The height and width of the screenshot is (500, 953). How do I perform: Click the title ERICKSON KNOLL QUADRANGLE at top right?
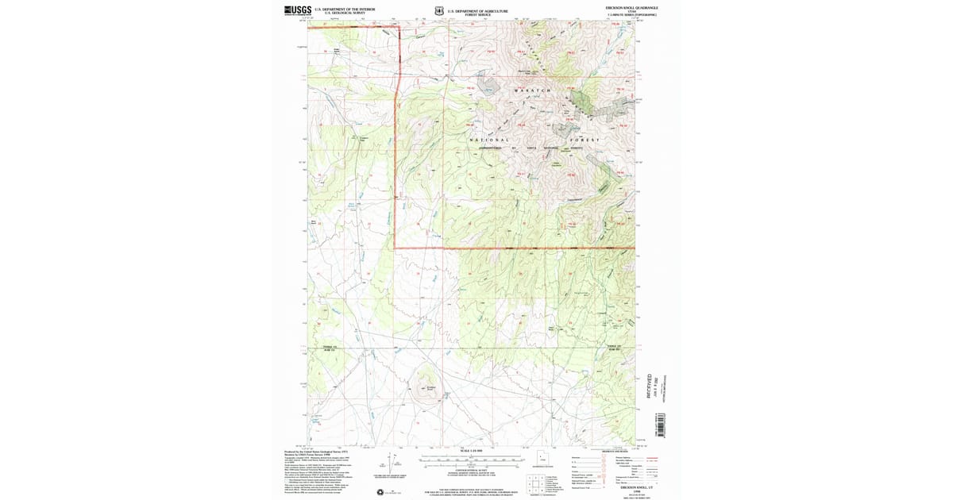(x=631, y=7)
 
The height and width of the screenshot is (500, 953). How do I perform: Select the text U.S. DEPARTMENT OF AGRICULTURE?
(x=476, y=10)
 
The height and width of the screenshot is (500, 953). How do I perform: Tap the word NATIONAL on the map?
(x=489, y=140)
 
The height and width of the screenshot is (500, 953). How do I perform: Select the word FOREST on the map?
(x=585, y=140)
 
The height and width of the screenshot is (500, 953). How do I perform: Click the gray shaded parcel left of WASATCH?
(x=486, y=83)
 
